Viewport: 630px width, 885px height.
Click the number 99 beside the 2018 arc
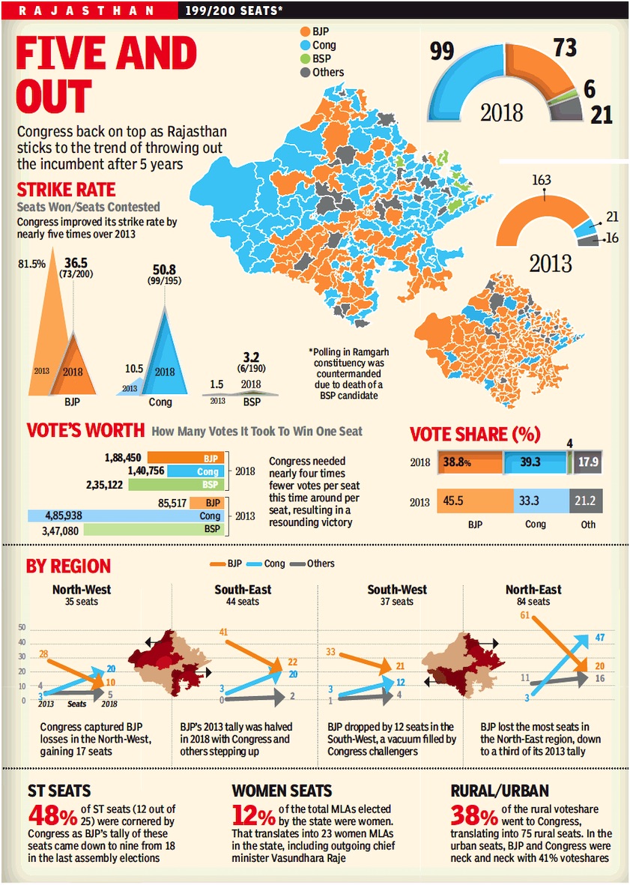[443, 51]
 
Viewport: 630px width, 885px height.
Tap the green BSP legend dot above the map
[304, 58]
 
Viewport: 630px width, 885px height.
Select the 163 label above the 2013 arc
[540, 180]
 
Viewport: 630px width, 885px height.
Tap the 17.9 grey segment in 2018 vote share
[586, 462]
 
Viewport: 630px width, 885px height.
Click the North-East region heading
[533, 590]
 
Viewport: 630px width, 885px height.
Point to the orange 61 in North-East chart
[524, 615]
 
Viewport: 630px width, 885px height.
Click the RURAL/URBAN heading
[500, 791]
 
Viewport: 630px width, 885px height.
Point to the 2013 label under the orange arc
[550, 263]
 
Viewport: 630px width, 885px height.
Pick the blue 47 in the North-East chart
[599, 637]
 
